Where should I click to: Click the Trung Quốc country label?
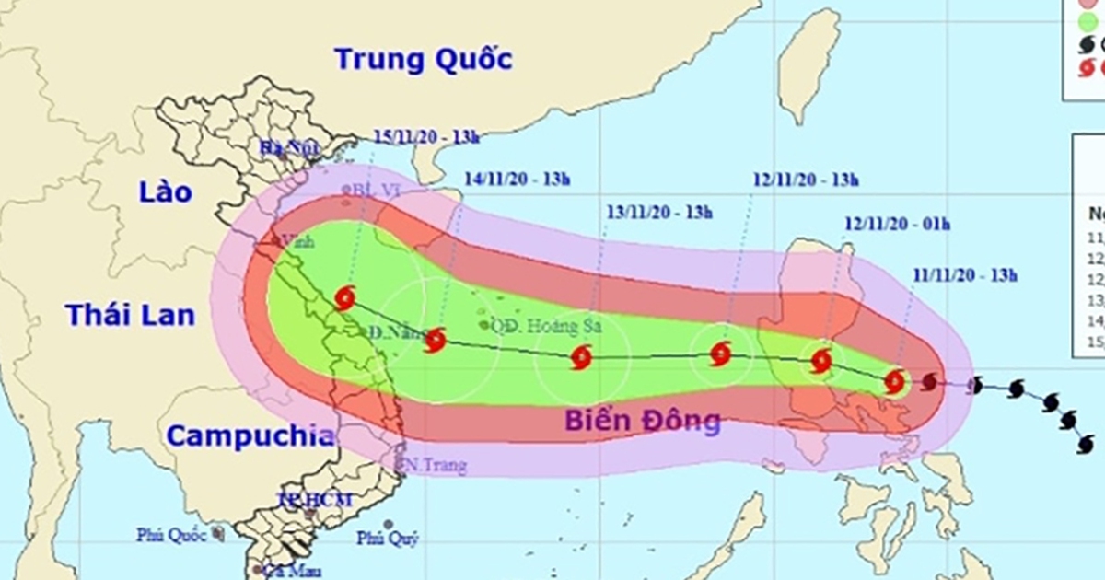pyautogui.click(x=423, y=60)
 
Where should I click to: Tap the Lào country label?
pyautogui.click(x=166, y=192)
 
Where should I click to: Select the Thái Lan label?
pyautogui.click(x=130, y=315)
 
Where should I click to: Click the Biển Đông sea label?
pyautogui.click(x=642, y=422)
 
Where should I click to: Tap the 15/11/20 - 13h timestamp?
pyautogui.click(x=427, y=137)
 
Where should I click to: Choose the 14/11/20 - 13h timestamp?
pyautogui.click(x=513, y=180)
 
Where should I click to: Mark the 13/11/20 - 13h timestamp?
pyautogui.click(x=659, y=213)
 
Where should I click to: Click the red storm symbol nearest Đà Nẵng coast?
pyautogui.click(x=344, y=298)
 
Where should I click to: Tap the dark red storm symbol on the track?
pyautogui.click(x=930, y=381)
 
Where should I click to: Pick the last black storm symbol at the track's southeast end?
pyautogui.click(x=1087, y=445)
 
